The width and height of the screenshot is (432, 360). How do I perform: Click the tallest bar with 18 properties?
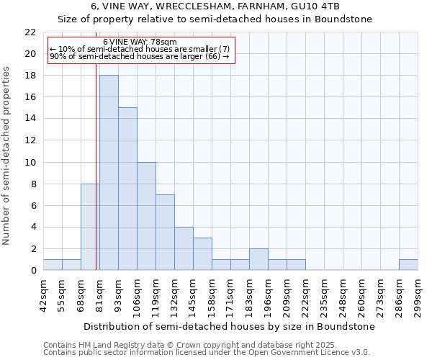pyautogui.click(x=109, y=173)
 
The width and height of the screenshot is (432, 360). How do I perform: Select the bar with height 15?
pyautogui.click(x=127, y=189)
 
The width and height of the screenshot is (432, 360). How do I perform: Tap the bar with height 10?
pyautogui.click(x=146, y=216)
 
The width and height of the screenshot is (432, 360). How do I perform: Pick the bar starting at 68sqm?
pyautogui.click(x=90, y=227)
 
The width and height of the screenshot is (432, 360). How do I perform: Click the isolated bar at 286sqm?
pyautogui.click(x=408, y=265)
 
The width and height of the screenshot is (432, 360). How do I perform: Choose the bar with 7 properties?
pyautogui.click(x=165, y=232)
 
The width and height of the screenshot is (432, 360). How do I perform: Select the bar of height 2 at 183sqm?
pyautogui.click(x=258, y=259)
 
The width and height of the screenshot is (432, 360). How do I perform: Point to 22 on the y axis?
pyautogui.click(x=30, y=32)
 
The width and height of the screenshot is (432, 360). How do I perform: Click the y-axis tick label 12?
pyautogui.click(x=30, y=140)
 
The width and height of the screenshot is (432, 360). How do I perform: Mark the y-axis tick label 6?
pyautogui.click(x=33, y=205)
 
